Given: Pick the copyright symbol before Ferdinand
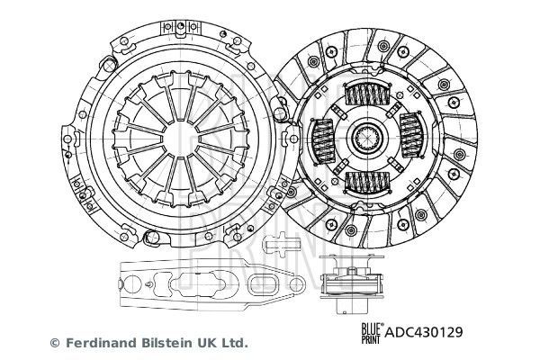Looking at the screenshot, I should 53,342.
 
